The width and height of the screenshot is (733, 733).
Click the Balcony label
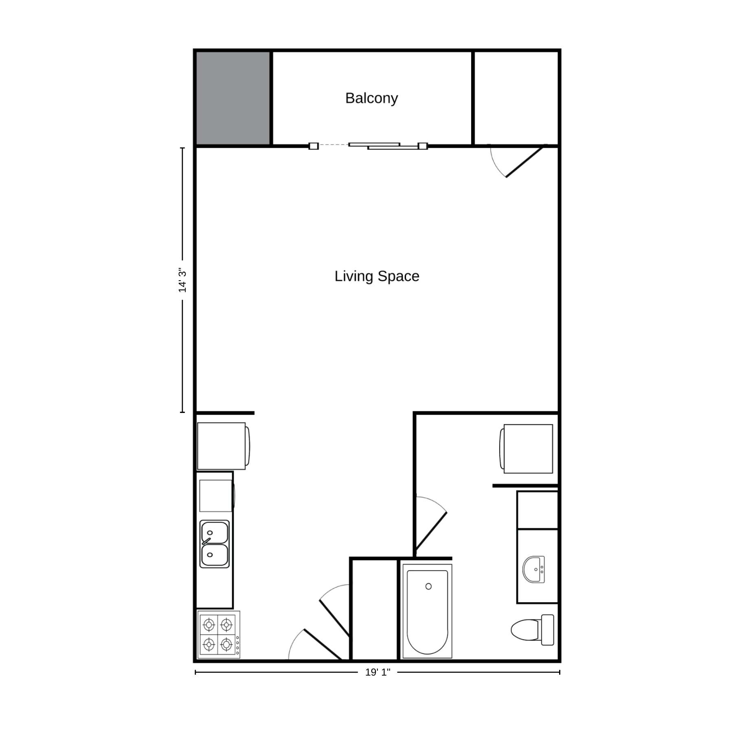click(x=371, y=99)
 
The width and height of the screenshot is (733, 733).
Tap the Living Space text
click(x=377, y=276)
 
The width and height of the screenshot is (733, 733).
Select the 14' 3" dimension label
click(x=182, y=281)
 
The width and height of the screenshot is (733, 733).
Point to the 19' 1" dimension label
click(x=377, y=672)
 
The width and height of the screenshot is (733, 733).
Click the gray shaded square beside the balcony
click(x=233, y=98)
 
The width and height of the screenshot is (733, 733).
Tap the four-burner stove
click(x=219, y=634)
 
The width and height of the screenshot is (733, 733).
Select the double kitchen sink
click(x=215, y=544)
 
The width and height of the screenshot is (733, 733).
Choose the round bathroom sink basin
click(x=534, y=569)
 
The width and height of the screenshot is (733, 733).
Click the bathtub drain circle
click(x=428, y=586)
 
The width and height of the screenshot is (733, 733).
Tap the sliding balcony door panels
click(x=384, y=146)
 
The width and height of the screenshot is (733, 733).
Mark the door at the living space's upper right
click(x=525, y=162)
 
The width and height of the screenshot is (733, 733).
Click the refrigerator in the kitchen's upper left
click(x=223, y=446)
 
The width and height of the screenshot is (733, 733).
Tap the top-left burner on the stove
click(x=209, y=624)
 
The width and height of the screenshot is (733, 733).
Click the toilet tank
click(x=548, y=630)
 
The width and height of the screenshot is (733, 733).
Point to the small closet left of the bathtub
click(x=374, y=609)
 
